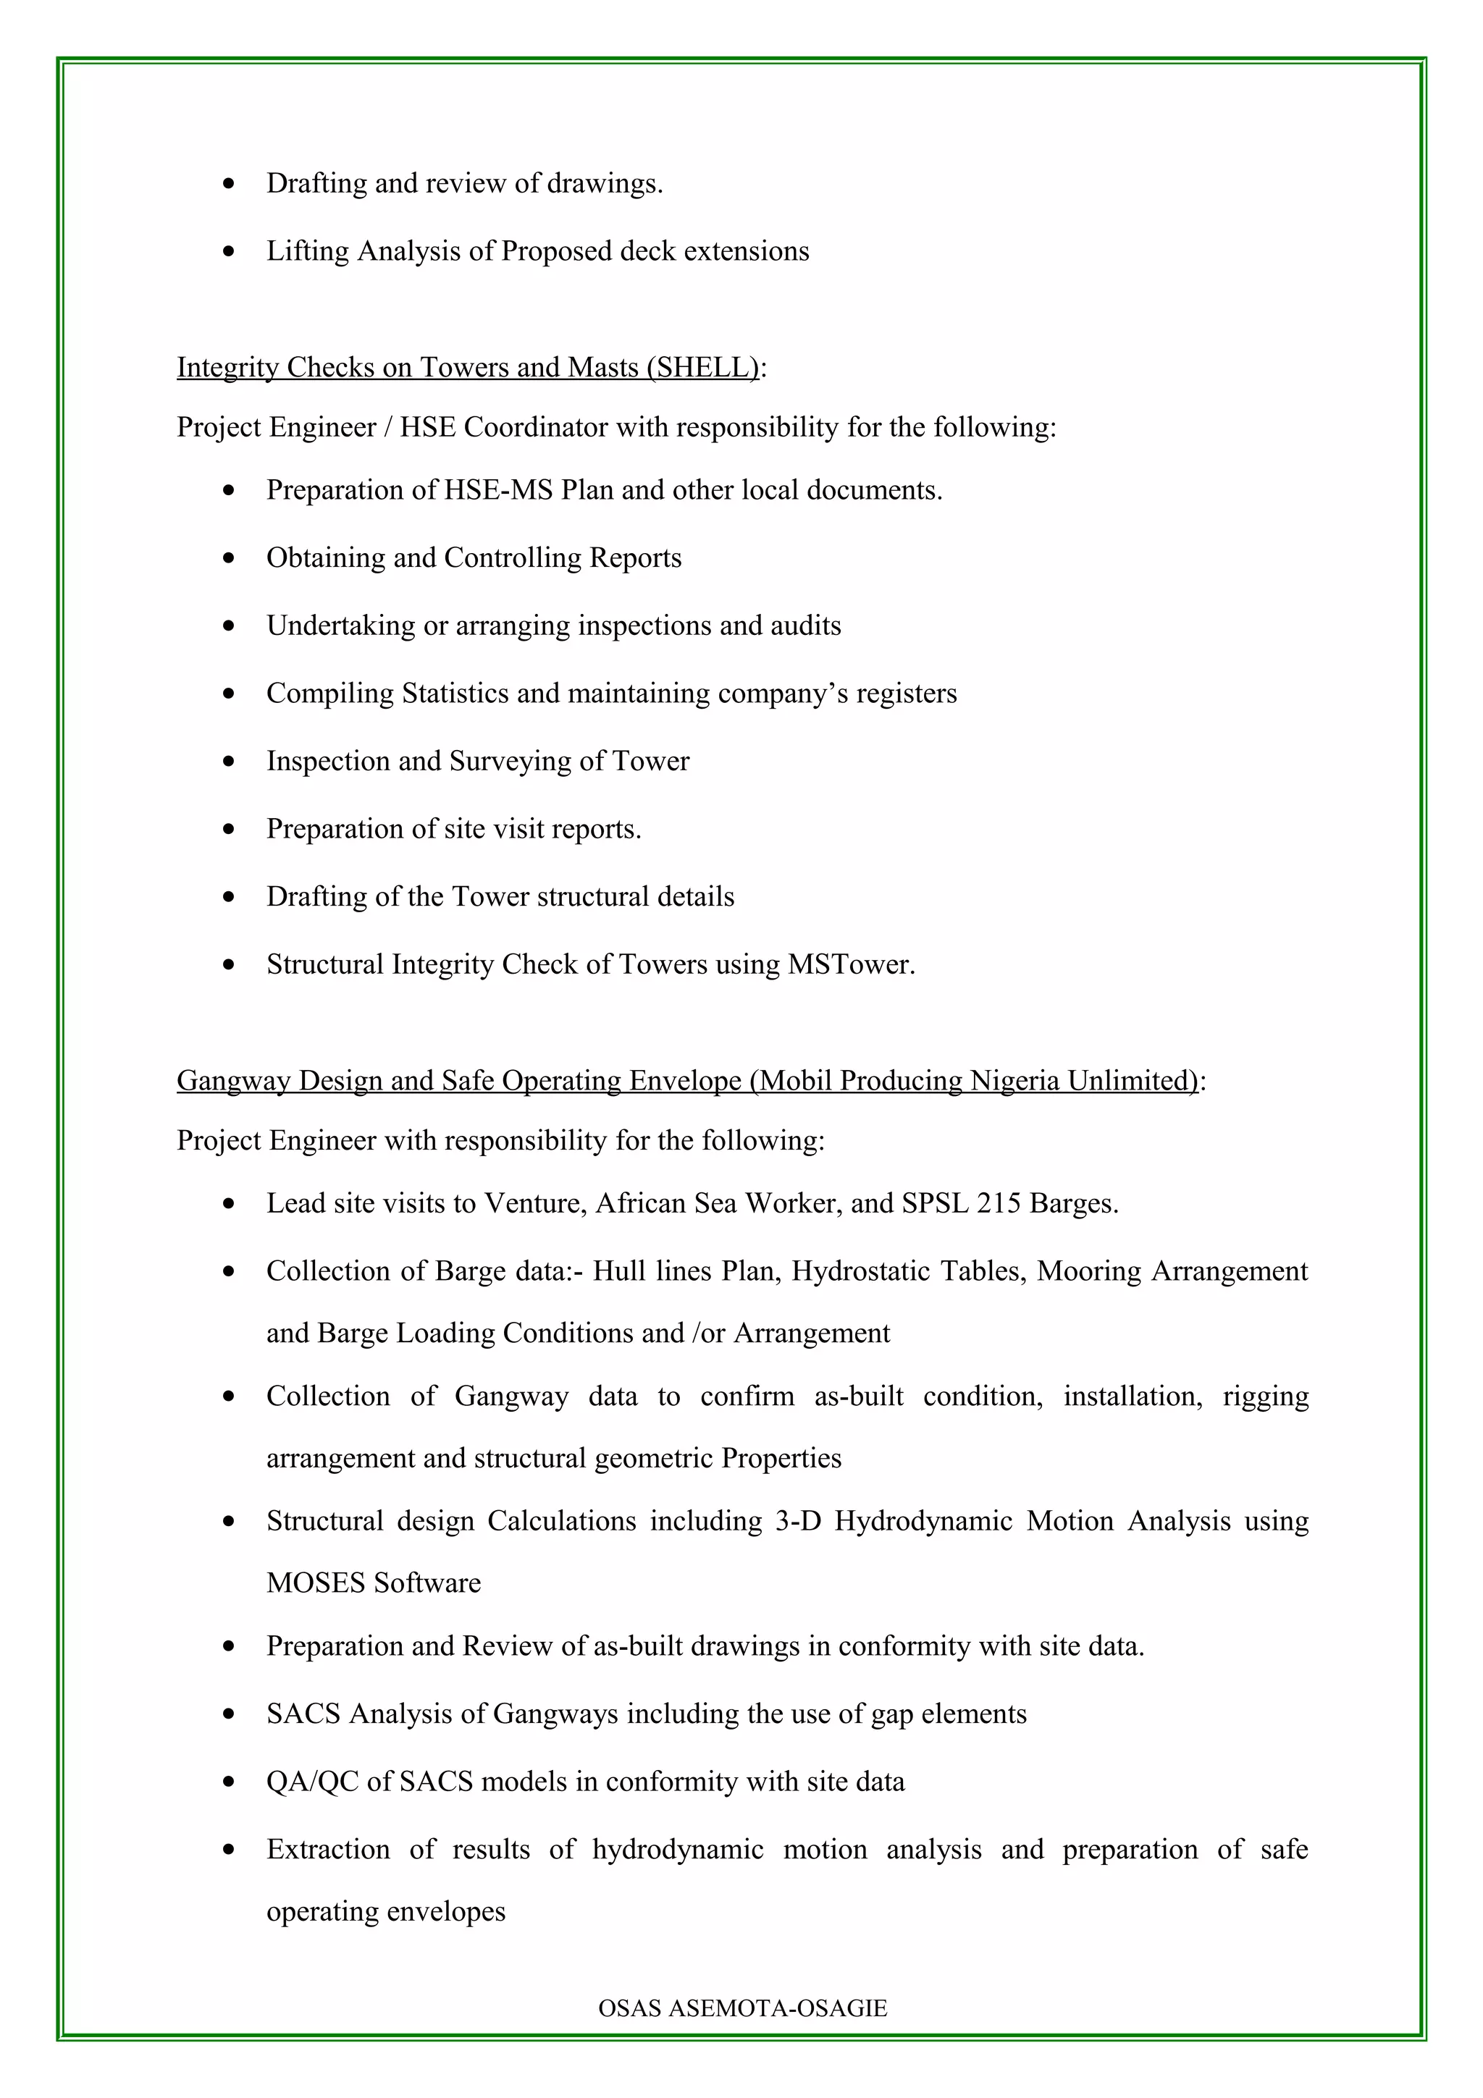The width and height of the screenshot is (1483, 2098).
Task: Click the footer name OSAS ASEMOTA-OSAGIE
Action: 742,2008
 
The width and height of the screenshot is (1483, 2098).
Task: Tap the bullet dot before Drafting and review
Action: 228,185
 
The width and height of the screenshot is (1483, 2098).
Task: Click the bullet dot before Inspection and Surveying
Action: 228,762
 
